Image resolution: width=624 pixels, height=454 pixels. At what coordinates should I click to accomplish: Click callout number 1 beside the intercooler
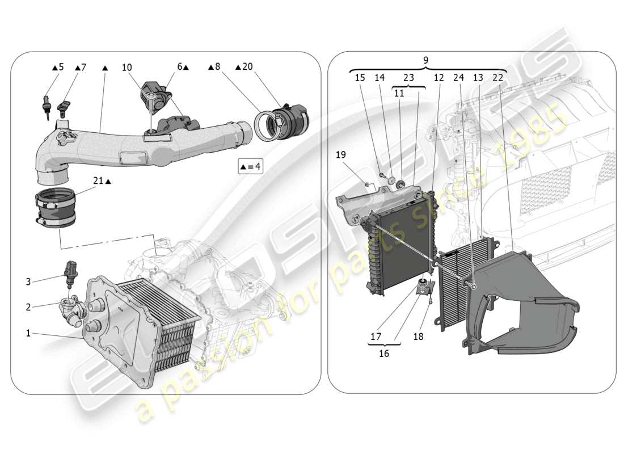[x=28, y=333]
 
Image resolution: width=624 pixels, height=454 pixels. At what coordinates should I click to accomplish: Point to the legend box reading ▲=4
[x=251, y=167]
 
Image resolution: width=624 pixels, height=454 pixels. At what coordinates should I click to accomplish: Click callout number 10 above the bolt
[x=127, y=67]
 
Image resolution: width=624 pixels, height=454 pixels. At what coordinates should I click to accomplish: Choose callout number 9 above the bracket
[x=426, y=60]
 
